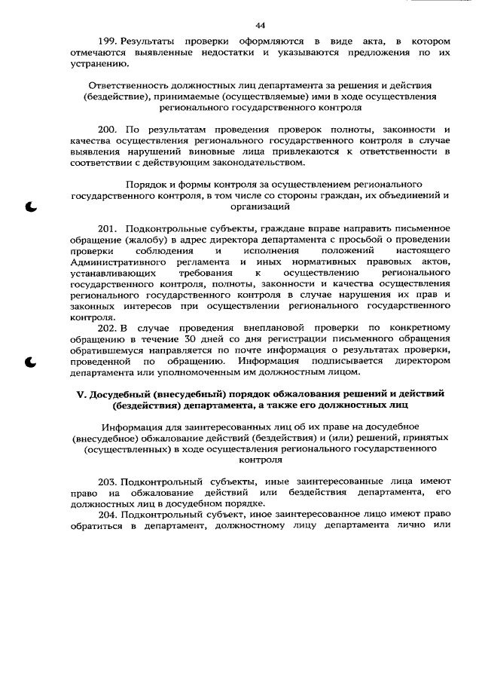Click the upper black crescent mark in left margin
click(31, 206)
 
